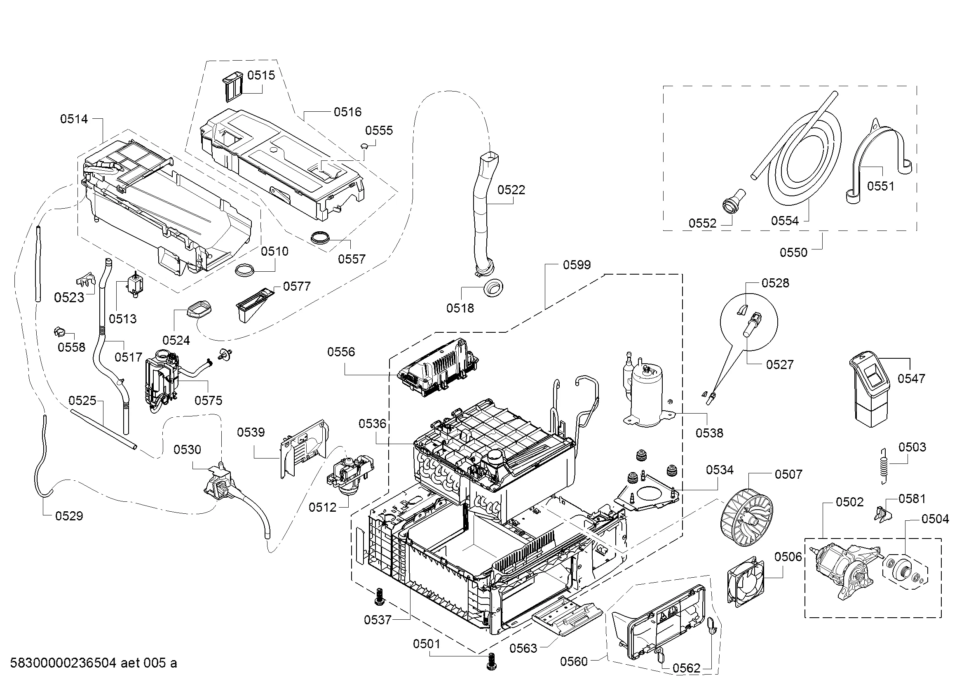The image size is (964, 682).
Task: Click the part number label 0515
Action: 261,75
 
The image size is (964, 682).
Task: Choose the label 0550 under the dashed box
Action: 793,252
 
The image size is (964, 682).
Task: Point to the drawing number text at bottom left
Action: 93,663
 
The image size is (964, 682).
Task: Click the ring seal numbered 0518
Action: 493,289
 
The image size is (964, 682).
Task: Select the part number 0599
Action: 577,265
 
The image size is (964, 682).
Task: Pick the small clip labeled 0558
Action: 59,332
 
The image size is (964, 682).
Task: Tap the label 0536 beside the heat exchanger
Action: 373,424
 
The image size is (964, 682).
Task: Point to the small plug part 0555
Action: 364,146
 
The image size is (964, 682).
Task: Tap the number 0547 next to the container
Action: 912,379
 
